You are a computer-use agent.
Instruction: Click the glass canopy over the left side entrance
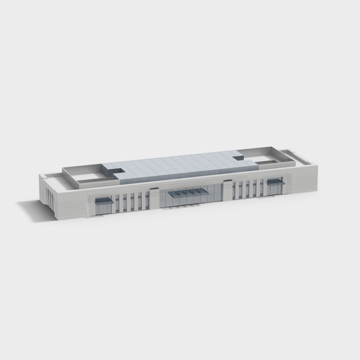pos(104,201)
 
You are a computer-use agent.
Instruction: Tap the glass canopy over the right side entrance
pos(276,182)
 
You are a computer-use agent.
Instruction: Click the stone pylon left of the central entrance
pos(154,199)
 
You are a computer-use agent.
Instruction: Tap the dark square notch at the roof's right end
pos(238,158)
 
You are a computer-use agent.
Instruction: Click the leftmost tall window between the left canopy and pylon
pos(117,203)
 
